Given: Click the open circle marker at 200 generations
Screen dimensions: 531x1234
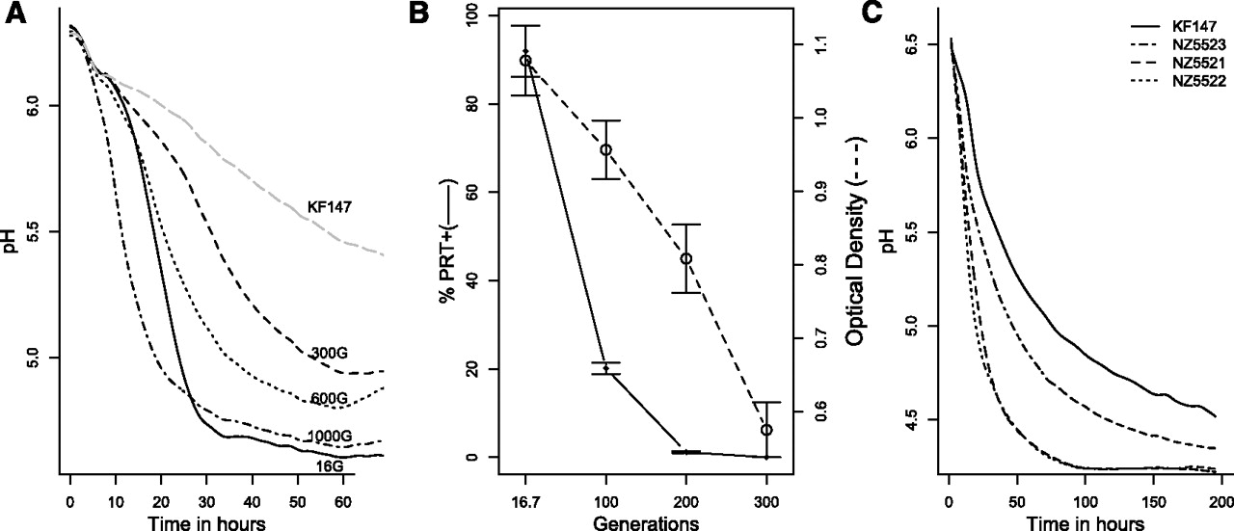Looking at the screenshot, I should click(686, 258).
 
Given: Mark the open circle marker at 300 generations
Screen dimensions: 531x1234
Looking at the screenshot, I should click(767, 430).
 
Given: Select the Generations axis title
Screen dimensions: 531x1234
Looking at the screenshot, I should click(646, 521).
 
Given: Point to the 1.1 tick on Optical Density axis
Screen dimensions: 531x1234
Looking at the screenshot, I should click(806, 44).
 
